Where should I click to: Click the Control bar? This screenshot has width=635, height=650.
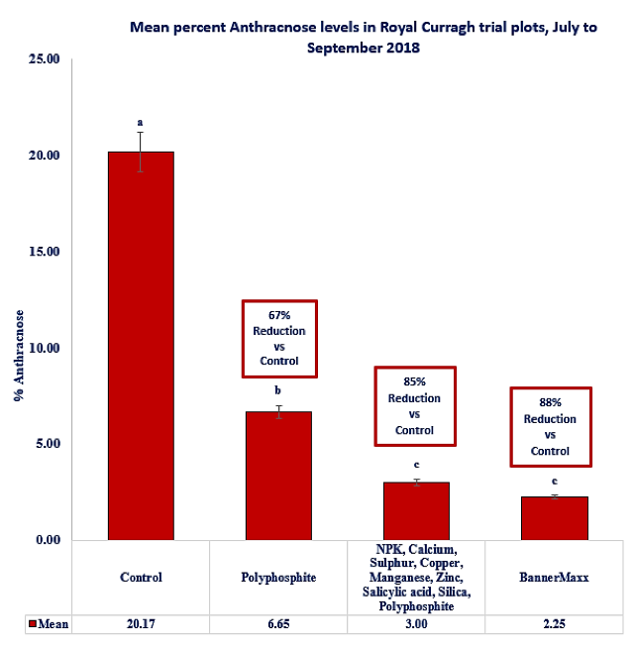tap(141, 346)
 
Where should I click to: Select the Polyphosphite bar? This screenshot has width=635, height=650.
tap(278, 476)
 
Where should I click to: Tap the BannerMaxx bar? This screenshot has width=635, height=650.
tap(555, 518)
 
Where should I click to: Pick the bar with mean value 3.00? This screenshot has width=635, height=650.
tap(416, 511)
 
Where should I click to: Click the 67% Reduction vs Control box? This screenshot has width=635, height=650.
tap(279, 338)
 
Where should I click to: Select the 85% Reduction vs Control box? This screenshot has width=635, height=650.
tap(415, 405)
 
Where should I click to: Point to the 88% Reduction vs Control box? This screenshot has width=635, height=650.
tap(550, 427)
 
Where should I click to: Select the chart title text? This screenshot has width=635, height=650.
tap(364, 37)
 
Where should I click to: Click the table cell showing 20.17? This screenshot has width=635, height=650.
tap(141, 624)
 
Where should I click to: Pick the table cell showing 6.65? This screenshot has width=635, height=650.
tap(278, 624)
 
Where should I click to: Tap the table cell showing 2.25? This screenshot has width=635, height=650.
tap(555, 624)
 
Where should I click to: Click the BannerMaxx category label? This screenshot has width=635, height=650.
tap(555, 577)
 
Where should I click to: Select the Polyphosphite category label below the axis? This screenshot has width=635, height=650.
tap(278, 577)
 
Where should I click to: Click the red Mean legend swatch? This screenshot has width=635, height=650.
tap(31, 624)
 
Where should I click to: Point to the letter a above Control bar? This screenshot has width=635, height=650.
tap(141, 123)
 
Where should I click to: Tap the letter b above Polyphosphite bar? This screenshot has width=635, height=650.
tap(278, 389)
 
